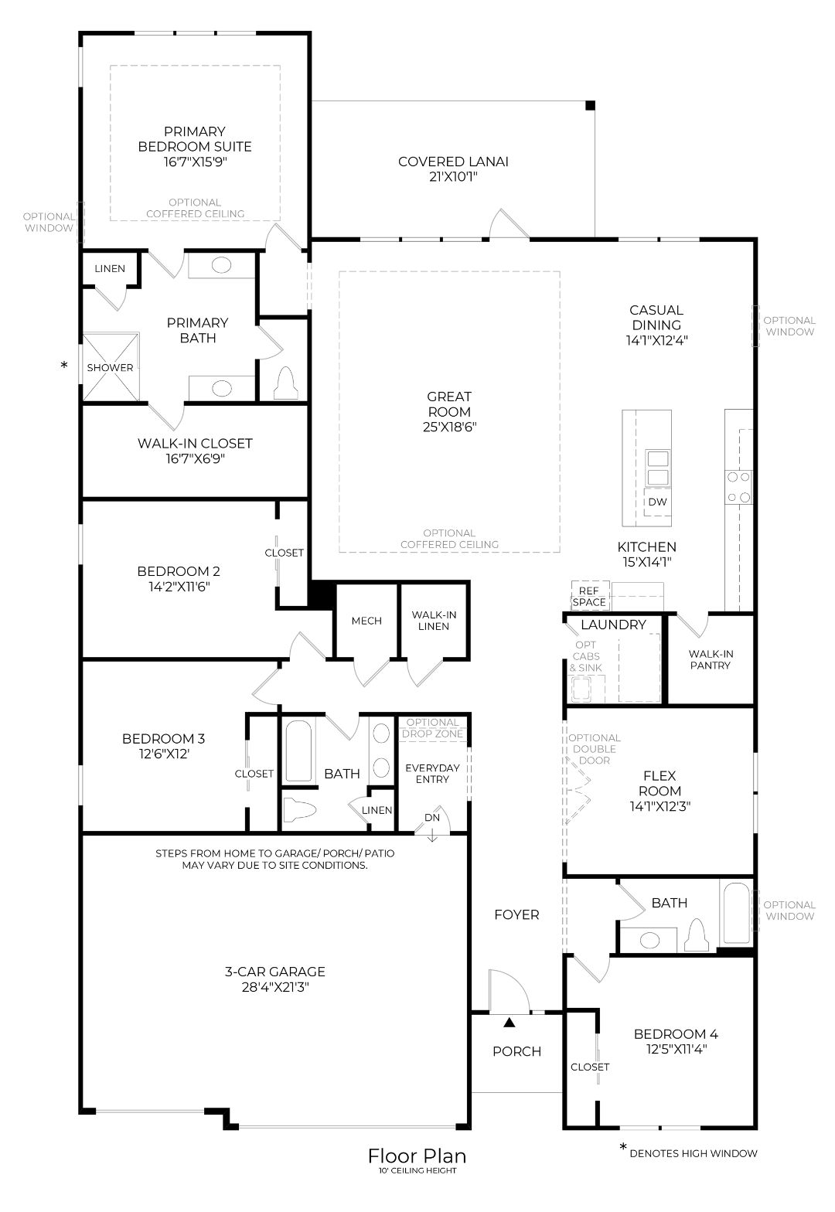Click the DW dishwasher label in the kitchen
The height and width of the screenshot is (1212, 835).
tap(657, 502)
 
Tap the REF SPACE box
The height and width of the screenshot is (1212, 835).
tap(590, 596)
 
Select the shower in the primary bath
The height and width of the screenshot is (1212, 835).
tap(111, 367)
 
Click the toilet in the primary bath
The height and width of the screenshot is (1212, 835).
tap(286, 381)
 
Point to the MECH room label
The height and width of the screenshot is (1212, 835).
tap(366, 621)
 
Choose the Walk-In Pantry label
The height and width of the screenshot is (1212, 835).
tap(711, 659)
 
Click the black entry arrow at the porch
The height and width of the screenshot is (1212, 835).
tap(509, 1023)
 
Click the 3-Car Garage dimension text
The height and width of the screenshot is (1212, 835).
tap(269, 987)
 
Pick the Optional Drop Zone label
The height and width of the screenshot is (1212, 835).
tap(433, 728)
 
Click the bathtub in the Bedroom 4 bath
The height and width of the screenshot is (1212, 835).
tap(735, 912)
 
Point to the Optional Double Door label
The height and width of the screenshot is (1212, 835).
tap(595, 748)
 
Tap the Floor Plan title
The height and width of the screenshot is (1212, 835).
tap(417, 1156)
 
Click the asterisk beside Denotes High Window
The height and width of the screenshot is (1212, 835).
tap(623, 1149)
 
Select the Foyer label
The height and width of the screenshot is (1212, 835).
tap(516, 914)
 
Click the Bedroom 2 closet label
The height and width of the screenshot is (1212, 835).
tap(284, 553)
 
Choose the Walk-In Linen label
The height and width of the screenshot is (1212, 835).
tap(434, 621)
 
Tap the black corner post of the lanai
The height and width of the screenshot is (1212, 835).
tap(590, 105)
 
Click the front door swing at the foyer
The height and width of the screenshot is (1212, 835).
tap(509, 991)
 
